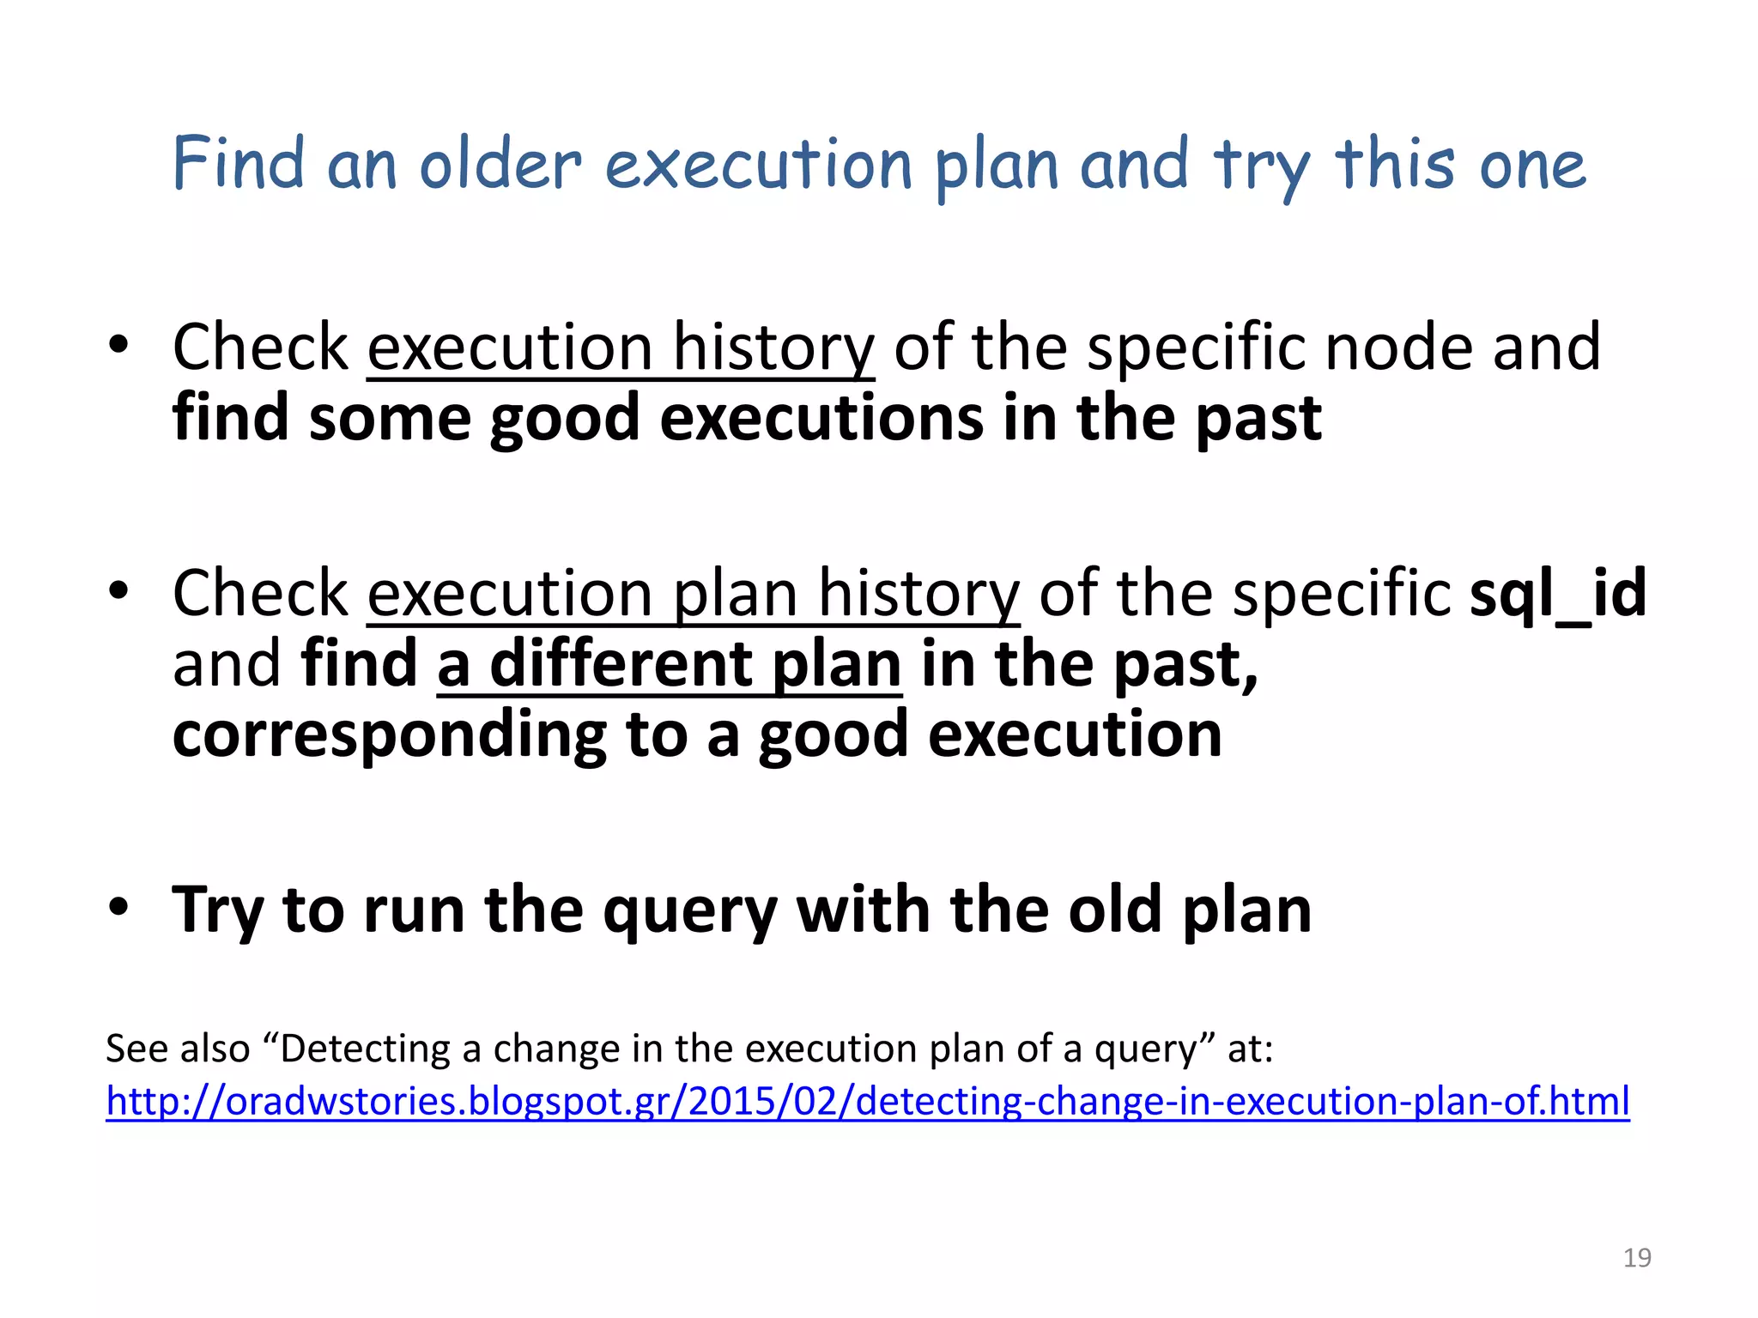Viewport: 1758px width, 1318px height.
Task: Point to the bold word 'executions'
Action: pyautogui.click(x=821, y=419)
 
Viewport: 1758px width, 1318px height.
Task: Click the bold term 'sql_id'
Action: pyautogui.click(x=1558, y=593)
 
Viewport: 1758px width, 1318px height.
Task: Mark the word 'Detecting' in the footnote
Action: pyautogui.click(x=366, y=1049)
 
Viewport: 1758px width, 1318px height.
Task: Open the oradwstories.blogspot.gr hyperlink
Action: pyautogui.click(x=867, y=1102)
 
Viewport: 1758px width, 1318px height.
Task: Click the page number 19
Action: pyautogui.click(x=1637, y=1258)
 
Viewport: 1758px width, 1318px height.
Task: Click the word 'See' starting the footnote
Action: pyautogui.click(x=135, y=1049)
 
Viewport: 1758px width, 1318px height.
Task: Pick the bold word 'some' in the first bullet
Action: pyautogui.click(x=390, y=419)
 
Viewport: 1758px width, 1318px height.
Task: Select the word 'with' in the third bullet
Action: pyautogui.click(x=862, y=910)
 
